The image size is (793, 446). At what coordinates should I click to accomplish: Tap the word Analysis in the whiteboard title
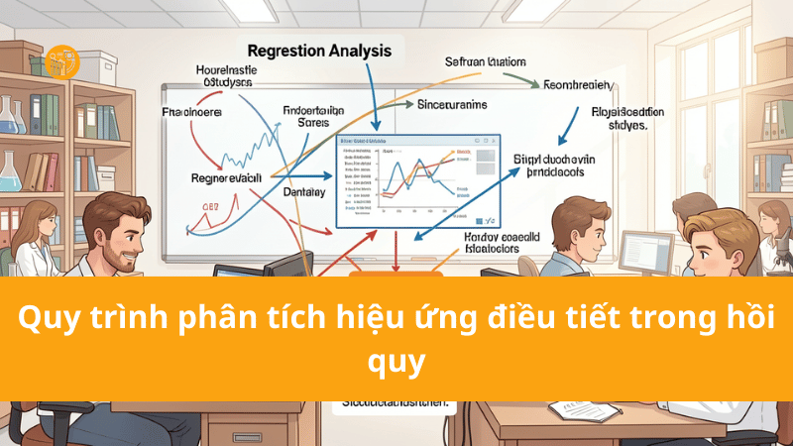(x=359, y=51)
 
